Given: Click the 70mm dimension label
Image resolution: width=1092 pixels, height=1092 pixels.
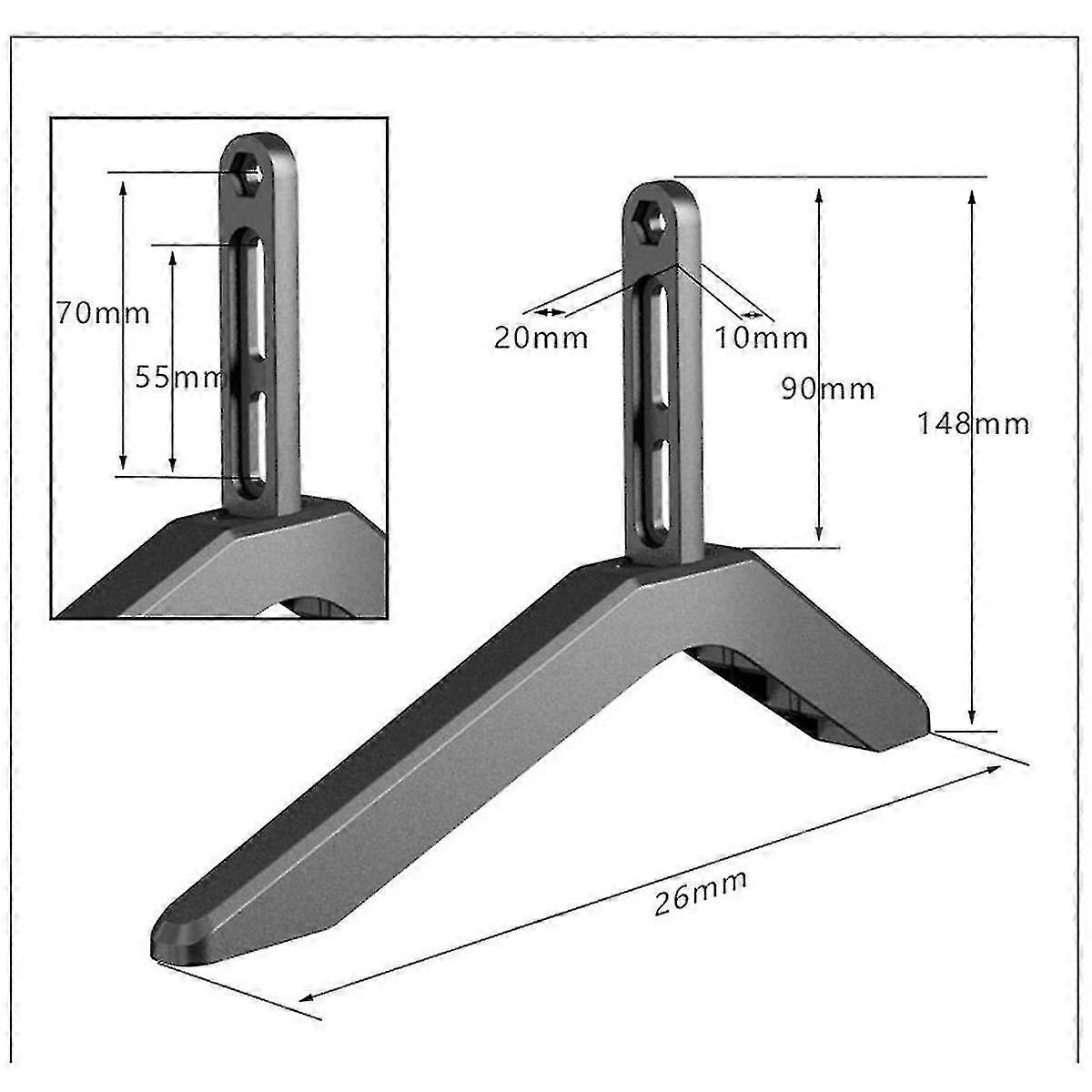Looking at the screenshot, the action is pyautogui.click(x=103, y=313).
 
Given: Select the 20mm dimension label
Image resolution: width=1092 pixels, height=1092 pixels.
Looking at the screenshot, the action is pyautogui.click(x=541, y=339).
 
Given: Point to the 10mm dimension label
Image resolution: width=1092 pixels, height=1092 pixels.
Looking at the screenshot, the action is pyautogui.click(x=761, y=339).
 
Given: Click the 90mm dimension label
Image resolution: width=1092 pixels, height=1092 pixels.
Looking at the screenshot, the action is pyautogui.click(x=828, y=389).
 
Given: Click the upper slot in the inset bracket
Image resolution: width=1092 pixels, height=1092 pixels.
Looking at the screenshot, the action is pyautogui.click(x=254, y=299).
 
